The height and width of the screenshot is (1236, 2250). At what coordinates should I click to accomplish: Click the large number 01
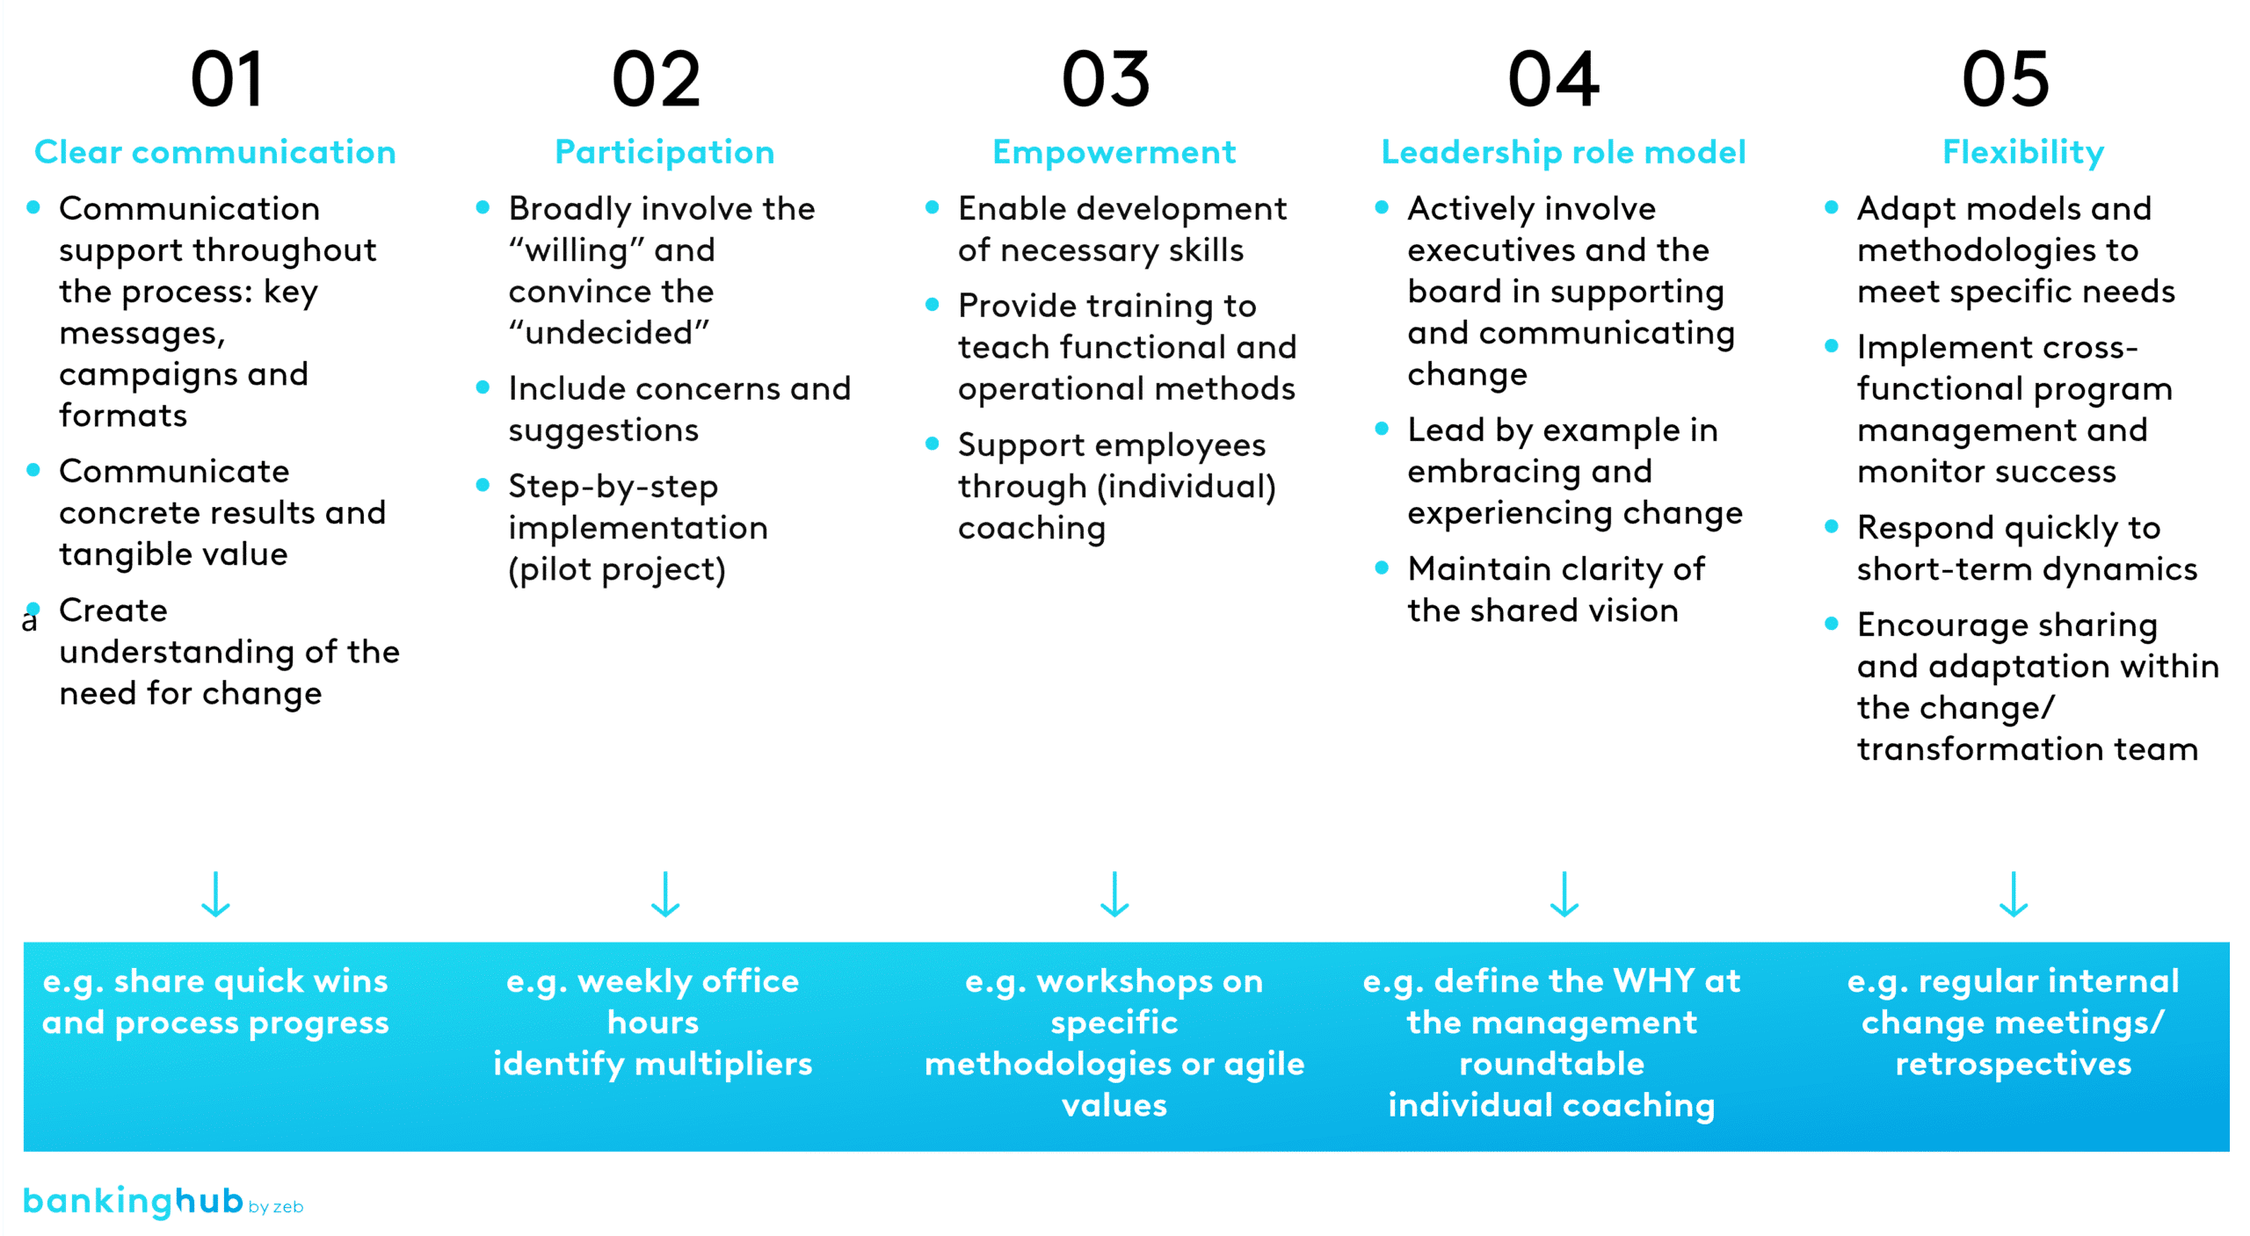pos(227,80)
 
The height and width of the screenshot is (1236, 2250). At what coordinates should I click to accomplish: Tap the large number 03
pos(1106,80)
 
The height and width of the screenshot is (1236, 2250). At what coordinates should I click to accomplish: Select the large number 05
pos(2006,80)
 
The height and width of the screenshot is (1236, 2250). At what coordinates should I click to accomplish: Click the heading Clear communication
pos(215,152)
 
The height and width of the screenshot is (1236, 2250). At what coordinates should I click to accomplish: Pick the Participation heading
pos(664,153)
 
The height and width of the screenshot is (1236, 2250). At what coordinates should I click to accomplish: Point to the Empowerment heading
pos(1114,153)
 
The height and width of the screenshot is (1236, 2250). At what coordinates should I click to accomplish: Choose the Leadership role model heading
pos(1564,153)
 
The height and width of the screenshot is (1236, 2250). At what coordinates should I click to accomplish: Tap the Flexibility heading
pos(2023,153)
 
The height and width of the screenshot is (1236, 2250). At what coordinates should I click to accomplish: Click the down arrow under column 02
pos(665,894)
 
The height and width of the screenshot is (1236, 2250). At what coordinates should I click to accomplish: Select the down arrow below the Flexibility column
pos(2014,894)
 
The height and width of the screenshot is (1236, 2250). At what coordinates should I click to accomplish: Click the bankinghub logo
pos(163,1201)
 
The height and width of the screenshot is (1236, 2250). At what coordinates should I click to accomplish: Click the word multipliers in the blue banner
pos(723,1065)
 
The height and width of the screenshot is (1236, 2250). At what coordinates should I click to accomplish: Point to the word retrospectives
pos(2014,1065)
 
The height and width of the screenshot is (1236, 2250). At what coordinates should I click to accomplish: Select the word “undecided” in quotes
pos(609,333)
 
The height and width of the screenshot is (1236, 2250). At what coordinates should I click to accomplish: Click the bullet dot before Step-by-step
pos(483,485)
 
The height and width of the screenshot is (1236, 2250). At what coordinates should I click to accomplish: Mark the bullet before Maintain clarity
pos(1382,567)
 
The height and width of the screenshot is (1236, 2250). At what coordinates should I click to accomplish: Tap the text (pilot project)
pos(617,570)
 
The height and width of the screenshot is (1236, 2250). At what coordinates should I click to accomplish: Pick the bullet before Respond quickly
pos(1832,526)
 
